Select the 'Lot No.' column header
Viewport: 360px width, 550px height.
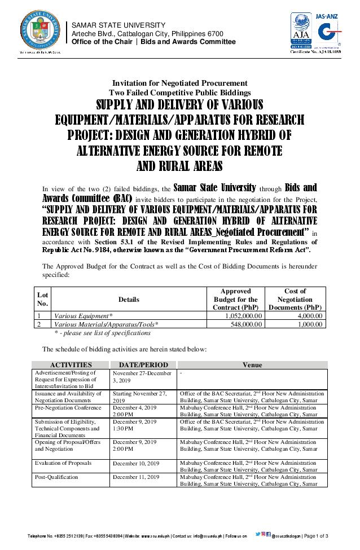(x=42, y=299)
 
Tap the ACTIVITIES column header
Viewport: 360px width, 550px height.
(x=71, y=365)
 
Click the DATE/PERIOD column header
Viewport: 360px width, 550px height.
(x=143, y=365)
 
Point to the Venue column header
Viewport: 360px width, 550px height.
(x=252, y=365)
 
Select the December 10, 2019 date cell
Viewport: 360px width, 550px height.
(x=135, y=463)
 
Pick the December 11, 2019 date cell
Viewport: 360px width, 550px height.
(x=135, y=477)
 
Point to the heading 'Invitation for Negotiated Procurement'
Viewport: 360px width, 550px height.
(x=179, y=83)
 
